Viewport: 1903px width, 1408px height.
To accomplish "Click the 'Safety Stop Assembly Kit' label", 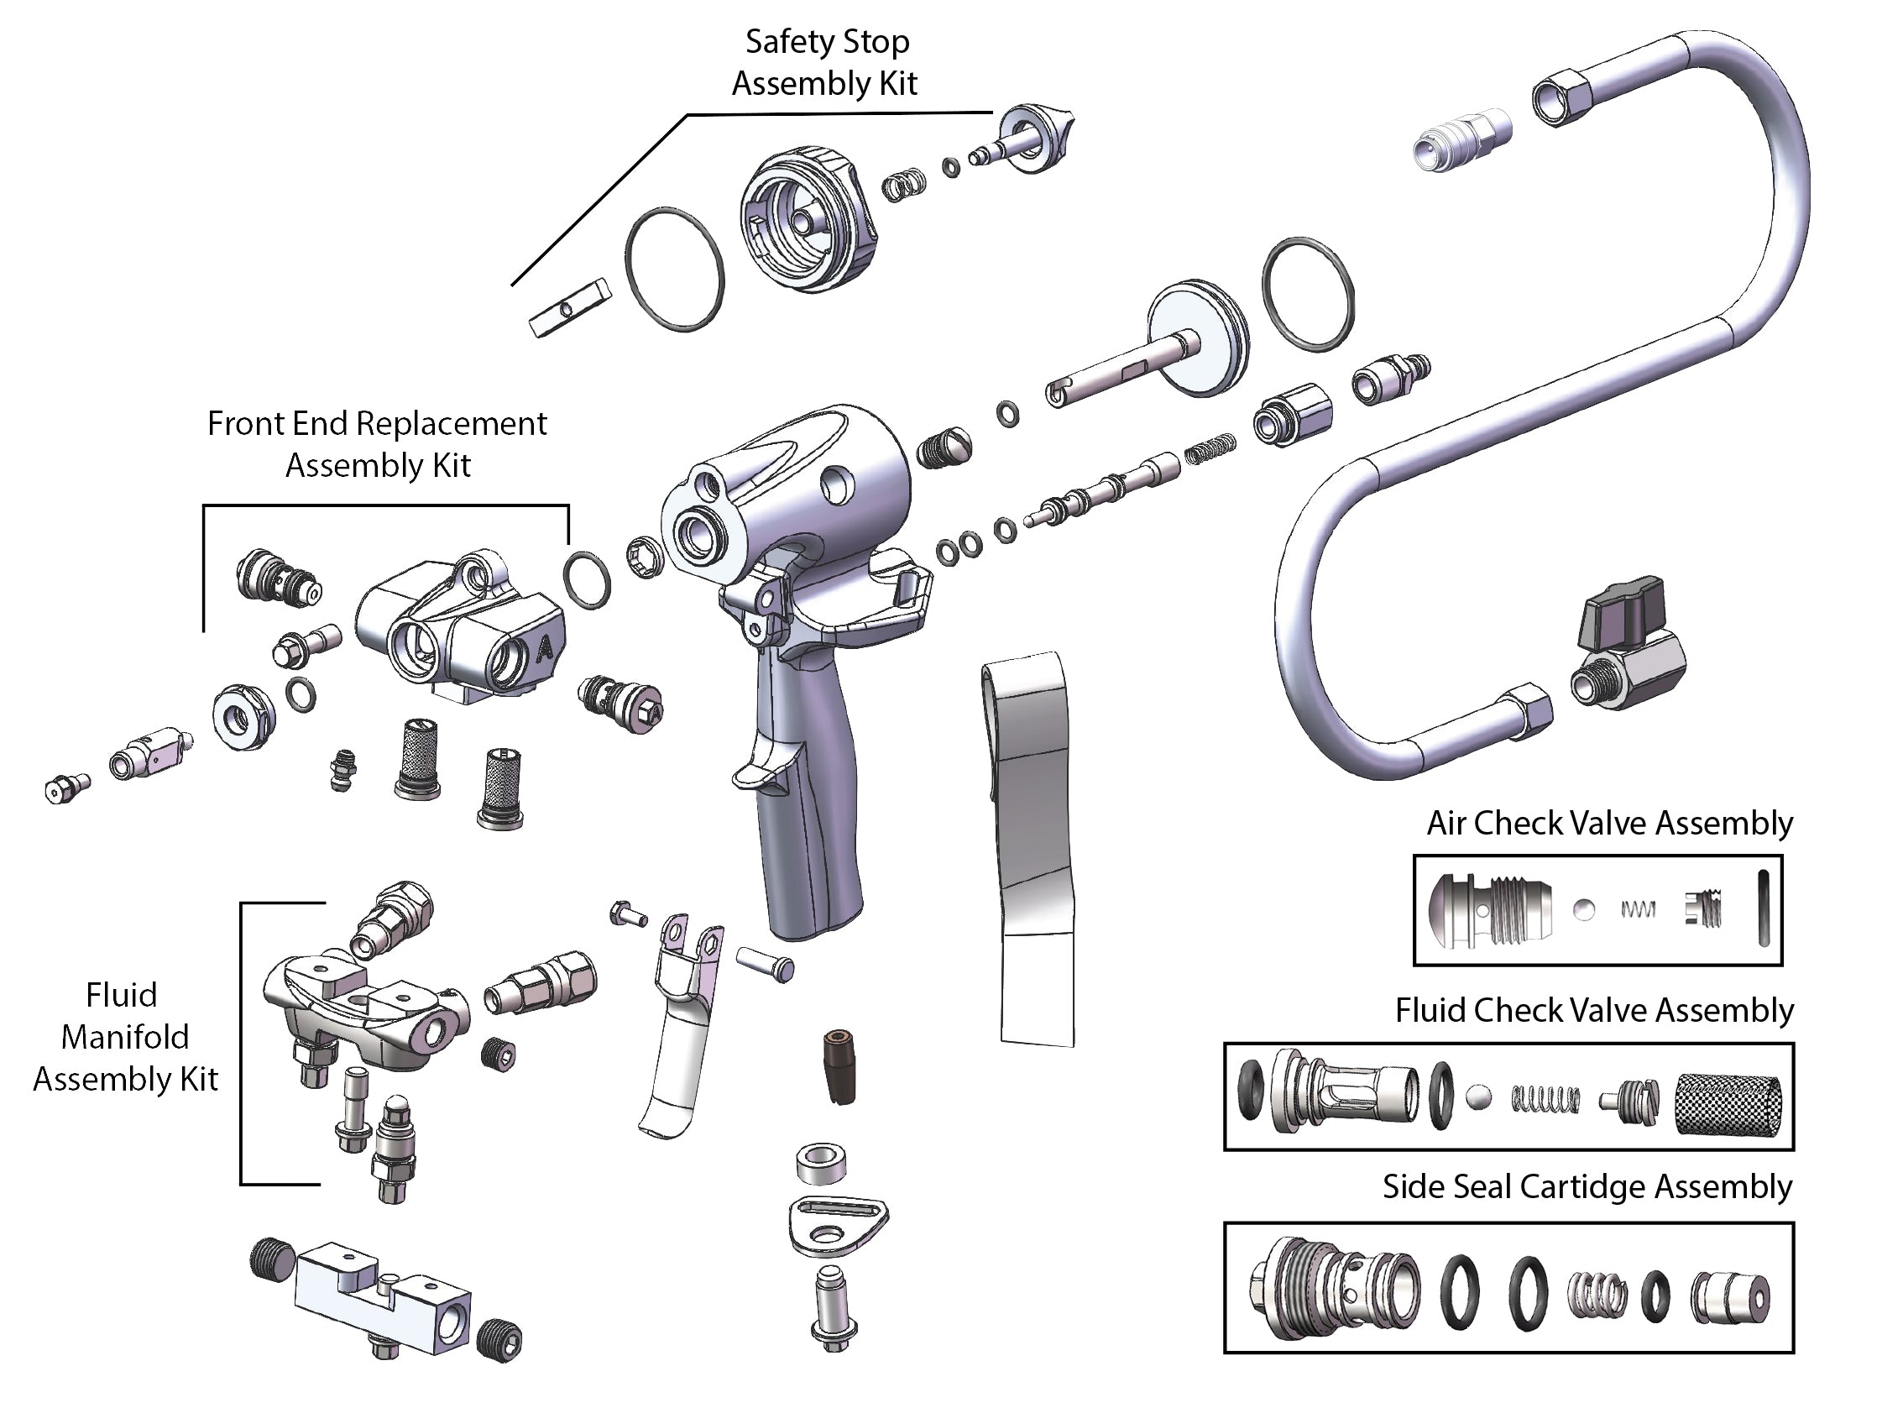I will click(825, 62).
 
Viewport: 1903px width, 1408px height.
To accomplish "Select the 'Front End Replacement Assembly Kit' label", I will click(377, 444).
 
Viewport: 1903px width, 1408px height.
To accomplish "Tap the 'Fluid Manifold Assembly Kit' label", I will click(125, 1036).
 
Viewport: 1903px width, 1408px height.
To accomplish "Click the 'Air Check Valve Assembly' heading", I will click(1609, 823).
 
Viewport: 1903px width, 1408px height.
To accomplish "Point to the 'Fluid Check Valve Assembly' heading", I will click(1593, 1010).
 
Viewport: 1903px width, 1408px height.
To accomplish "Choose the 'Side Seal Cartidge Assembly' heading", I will click(1587, 1186).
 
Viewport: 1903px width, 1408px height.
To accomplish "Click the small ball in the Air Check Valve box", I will click(1583, 909).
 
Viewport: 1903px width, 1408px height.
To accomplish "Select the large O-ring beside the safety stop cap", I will click(675, 269).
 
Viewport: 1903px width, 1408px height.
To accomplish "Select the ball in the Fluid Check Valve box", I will click(1478, 1097).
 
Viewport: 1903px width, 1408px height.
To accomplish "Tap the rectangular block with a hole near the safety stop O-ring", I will click(570, 306).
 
